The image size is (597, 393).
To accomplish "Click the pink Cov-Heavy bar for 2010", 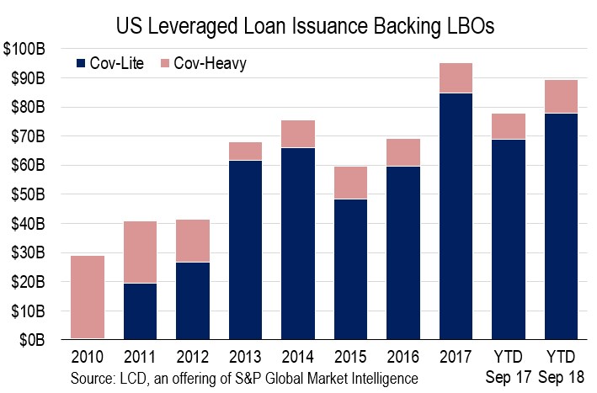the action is [88, 297].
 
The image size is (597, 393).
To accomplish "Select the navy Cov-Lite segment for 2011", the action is [140, 311].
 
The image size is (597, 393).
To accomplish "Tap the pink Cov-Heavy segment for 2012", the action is [193, 241].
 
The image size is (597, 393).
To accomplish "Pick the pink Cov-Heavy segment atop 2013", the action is [245, 151].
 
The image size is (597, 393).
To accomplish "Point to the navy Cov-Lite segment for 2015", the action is [350, 269].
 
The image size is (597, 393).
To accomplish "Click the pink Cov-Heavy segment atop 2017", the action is [456, 78].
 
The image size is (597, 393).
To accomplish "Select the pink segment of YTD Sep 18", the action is [561, 97].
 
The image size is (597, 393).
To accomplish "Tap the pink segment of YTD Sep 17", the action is [509, 127].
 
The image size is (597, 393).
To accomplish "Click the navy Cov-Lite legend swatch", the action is [81, 63].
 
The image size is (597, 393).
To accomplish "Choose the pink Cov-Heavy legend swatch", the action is [164, 63].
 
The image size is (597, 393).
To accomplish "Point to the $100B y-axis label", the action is [24, 49].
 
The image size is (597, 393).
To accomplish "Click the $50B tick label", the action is [28, 194].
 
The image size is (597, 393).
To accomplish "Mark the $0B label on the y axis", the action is [32, 340].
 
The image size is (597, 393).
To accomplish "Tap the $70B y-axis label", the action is [28, 136].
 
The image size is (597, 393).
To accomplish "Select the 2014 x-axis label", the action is [298, 357].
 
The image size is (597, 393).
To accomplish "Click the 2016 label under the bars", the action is [403, 357].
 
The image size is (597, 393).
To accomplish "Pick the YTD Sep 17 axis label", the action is [509, 367].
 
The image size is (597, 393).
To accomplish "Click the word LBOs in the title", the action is [468, 26].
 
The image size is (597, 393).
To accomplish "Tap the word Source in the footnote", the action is [93, 378].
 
